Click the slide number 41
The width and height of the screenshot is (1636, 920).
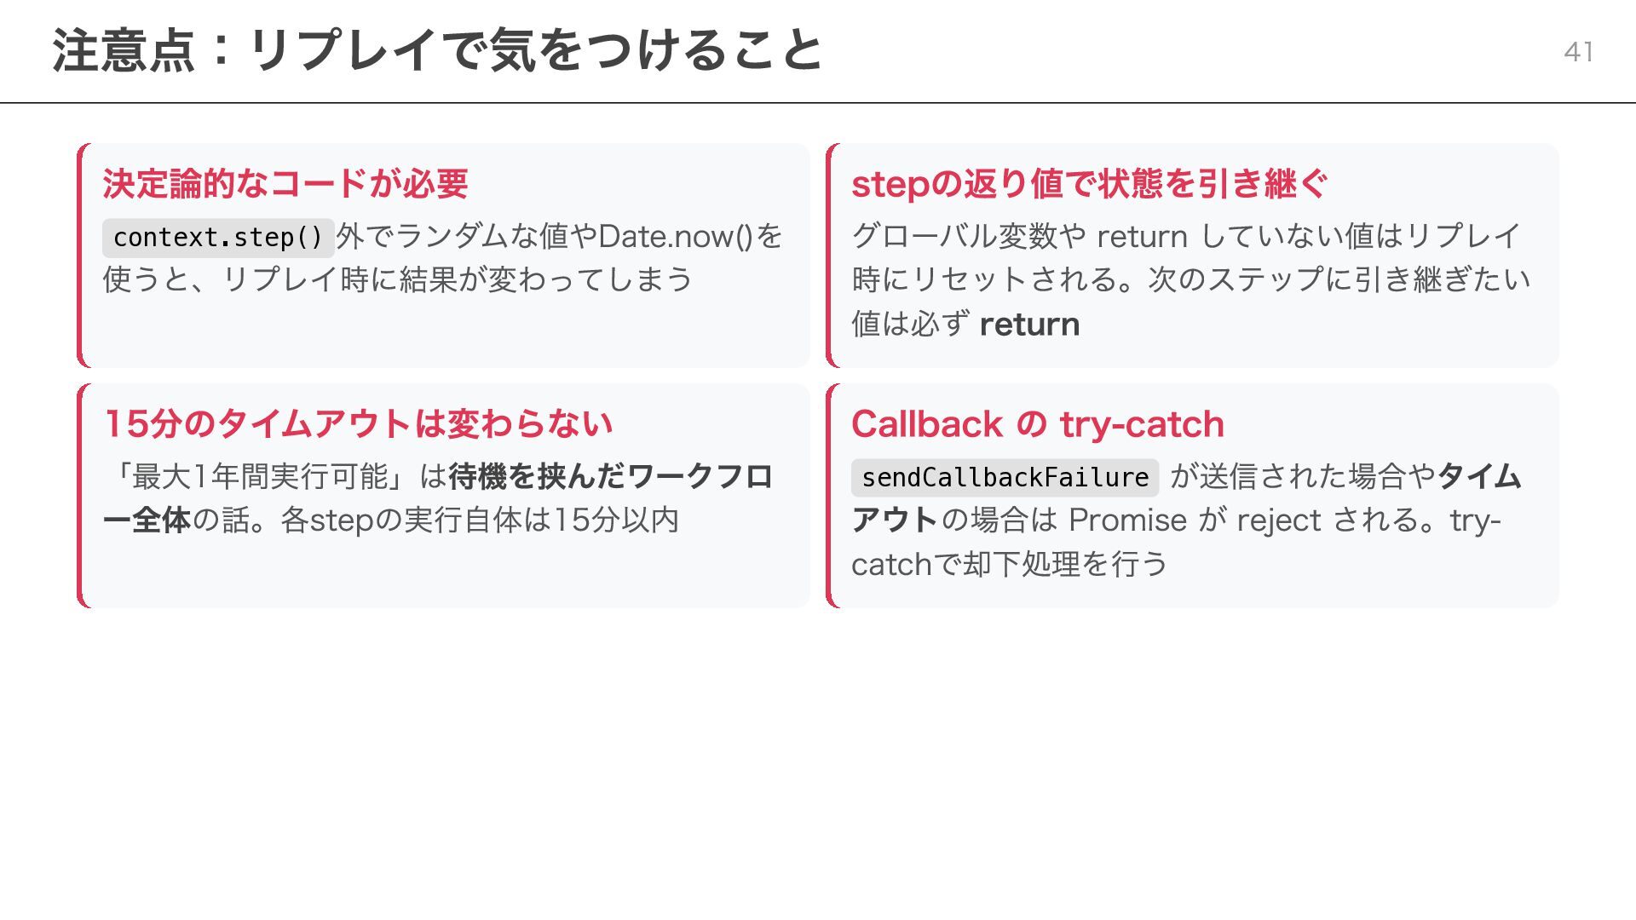click(x=1578, y=52)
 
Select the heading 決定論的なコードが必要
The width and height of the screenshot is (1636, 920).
click(x=285, y=184)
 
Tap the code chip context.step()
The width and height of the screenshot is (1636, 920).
click(x=218, y=238)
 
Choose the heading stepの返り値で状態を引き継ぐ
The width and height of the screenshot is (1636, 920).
click(x=1089, y=184)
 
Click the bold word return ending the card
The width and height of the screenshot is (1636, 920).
click(x=1029, y=325)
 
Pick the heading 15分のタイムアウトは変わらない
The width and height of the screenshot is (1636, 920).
click(x=358, y=424)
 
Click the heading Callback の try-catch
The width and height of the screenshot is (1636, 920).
click(x=1037, y=424)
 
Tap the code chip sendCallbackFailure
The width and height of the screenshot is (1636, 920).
click(x=1005, y=478)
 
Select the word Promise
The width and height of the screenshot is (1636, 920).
click(x=1127, y=520)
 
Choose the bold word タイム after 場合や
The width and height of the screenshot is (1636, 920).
click(x=1479, y=477)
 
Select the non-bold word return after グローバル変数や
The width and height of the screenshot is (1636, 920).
click(x=1142, y=237)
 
